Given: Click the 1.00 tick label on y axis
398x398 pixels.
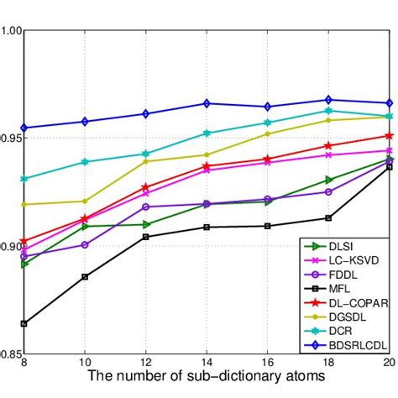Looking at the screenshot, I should (x=11, y=31).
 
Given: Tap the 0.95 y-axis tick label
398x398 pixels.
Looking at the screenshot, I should (x=11, y=139).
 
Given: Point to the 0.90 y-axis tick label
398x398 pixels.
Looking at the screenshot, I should (x=11, y=246).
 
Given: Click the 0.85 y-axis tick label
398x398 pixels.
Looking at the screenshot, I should (x=11, y=353).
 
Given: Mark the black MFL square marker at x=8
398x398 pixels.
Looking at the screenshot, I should (x=24, y=323).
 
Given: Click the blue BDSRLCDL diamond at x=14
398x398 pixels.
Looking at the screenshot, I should (x=207, y=103).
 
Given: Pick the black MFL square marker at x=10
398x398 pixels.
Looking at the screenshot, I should (x=85, y=276).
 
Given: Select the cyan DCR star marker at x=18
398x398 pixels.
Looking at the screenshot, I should (x=329, y=111).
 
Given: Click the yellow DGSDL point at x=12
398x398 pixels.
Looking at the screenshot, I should (x=146, y=161).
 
